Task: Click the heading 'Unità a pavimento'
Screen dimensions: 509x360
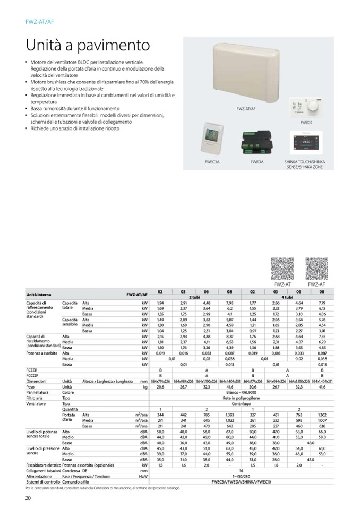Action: click(x=88, y=45)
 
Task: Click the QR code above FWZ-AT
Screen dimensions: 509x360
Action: click(x=282, y=269)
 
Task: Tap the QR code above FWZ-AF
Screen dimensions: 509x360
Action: click(x=316, y=269)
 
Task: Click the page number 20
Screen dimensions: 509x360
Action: click(x=28, y=497)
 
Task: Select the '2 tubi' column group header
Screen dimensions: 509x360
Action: click(x=194, y=298)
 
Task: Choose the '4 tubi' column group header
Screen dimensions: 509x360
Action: click(x=287, y=298)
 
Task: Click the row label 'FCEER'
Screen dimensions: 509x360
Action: click(x=31, y=372)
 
